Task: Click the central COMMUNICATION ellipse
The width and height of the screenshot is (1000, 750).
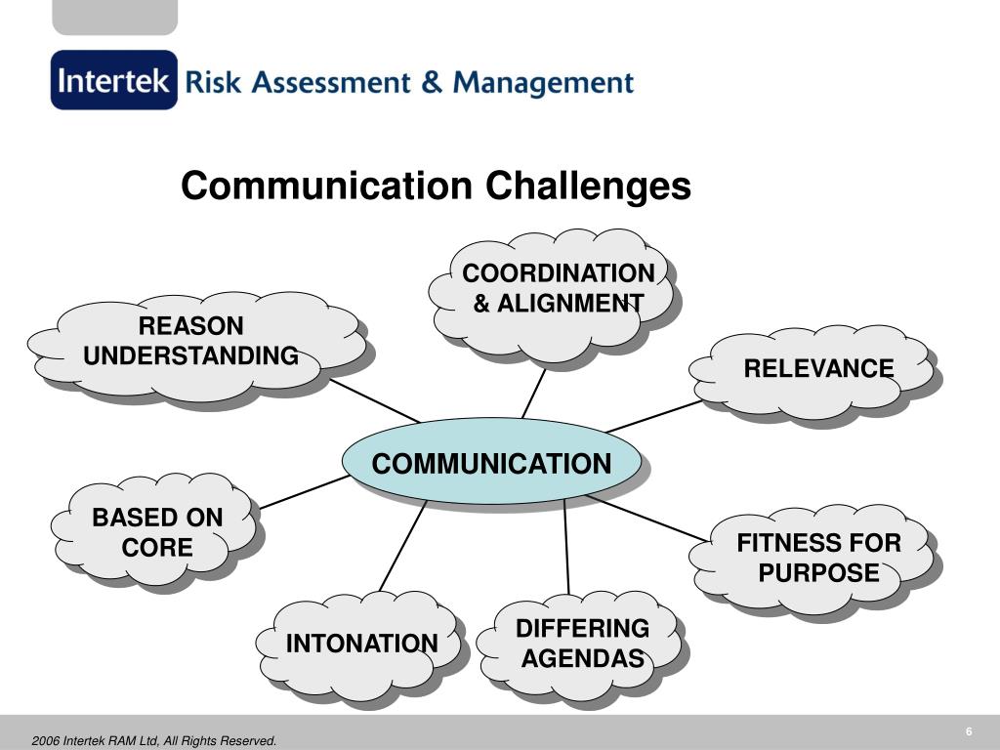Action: point(491,463)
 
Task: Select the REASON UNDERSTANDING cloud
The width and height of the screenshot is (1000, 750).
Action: point(191,343)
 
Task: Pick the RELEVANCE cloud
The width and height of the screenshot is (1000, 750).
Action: point(818,369)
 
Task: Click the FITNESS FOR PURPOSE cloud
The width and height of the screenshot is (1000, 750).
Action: point(818,558)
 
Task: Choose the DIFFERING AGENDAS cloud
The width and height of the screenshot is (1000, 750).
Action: point(582,644)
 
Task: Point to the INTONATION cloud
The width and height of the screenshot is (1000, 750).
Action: point(361,644)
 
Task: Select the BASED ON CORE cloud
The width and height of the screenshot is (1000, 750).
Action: point(157,532)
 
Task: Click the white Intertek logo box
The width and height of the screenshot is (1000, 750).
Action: point(114,80)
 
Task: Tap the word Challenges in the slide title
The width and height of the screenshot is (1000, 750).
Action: point(589,186)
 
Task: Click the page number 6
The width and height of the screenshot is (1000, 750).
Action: point(969,732)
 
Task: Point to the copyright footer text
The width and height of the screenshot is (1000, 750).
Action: point(154,741)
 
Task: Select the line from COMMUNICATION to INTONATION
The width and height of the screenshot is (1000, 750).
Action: point(402,547)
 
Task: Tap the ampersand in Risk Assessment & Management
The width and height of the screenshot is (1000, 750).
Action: point(432,82)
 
